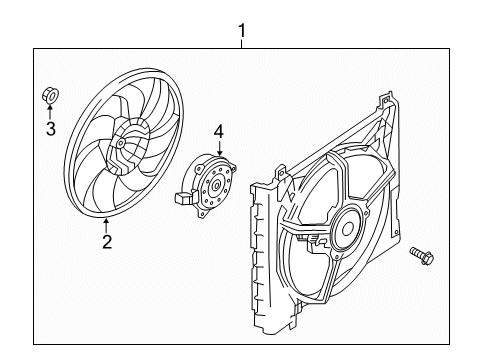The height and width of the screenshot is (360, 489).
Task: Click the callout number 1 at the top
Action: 242,31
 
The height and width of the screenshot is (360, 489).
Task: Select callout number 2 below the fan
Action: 107,242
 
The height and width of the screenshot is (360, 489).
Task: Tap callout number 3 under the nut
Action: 51,129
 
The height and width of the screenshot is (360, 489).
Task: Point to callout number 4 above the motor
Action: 219,132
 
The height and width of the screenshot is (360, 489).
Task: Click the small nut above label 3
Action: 51,95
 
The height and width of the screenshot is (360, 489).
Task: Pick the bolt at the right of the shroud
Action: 422,255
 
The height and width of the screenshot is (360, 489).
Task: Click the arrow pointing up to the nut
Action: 50,112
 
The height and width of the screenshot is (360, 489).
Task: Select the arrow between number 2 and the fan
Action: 106,226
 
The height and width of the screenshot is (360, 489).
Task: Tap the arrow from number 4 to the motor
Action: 219,148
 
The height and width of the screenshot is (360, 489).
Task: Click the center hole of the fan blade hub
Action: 120,143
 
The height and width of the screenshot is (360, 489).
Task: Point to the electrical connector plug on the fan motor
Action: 183,198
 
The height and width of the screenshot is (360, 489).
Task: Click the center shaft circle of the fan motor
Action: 217,185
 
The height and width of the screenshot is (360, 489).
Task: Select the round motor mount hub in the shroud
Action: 347,228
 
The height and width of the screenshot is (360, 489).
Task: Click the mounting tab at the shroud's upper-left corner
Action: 282,173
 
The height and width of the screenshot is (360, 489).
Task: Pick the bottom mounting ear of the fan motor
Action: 201,213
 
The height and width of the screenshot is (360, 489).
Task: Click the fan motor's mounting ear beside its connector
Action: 195,193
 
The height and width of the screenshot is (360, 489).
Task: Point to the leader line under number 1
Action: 242,44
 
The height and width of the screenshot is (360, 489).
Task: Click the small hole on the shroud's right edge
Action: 396,232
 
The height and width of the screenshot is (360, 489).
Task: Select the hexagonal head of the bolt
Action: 427,259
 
